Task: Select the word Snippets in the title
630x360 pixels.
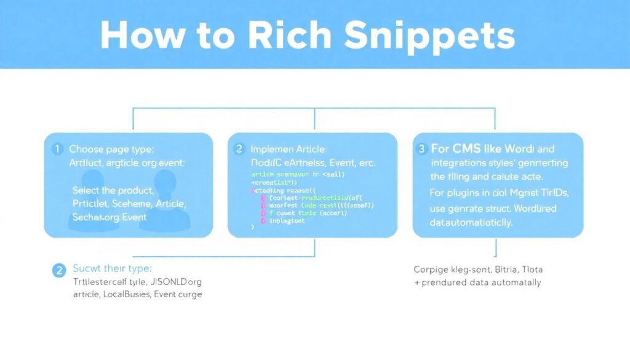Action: click(x=429, y=37)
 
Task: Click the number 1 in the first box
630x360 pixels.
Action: click(x=57, y=149)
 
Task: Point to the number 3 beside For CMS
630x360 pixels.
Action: click(x=421, y=148)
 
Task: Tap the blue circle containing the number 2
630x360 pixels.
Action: click(x=59, y=270)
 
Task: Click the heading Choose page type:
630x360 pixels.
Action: click(x=111, y=149)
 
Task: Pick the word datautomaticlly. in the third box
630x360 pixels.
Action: click(x=471, y=223)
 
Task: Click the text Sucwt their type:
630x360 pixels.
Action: click(x=112, y=269)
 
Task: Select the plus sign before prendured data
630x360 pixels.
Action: click(x=416, y=282)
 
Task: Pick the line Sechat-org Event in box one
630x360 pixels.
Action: click(x=109, y=217)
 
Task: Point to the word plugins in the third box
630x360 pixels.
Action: click(x=465, y=193)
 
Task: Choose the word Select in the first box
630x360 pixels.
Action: click(x=87, y=190)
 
